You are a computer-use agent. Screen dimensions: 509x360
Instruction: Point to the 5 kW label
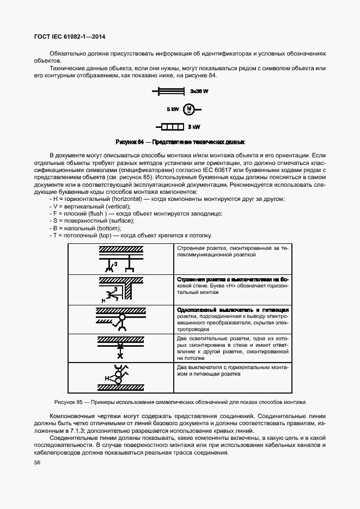coord(173,109)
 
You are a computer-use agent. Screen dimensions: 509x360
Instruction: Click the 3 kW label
coord(194,127)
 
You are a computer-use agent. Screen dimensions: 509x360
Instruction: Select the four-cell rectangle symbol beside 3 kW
coord(172,127)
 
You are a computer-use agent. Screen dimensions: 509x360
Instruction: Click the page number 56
coord(37,462)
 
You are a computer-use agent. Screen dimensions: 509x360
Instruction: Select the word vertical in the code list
coord(109,206)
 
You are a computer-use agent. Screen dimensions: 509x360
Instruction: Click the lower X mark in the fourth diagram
coord(121,355)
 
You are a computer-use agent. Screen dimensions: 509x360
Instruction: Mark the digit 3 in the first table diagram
coord(115,264)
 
